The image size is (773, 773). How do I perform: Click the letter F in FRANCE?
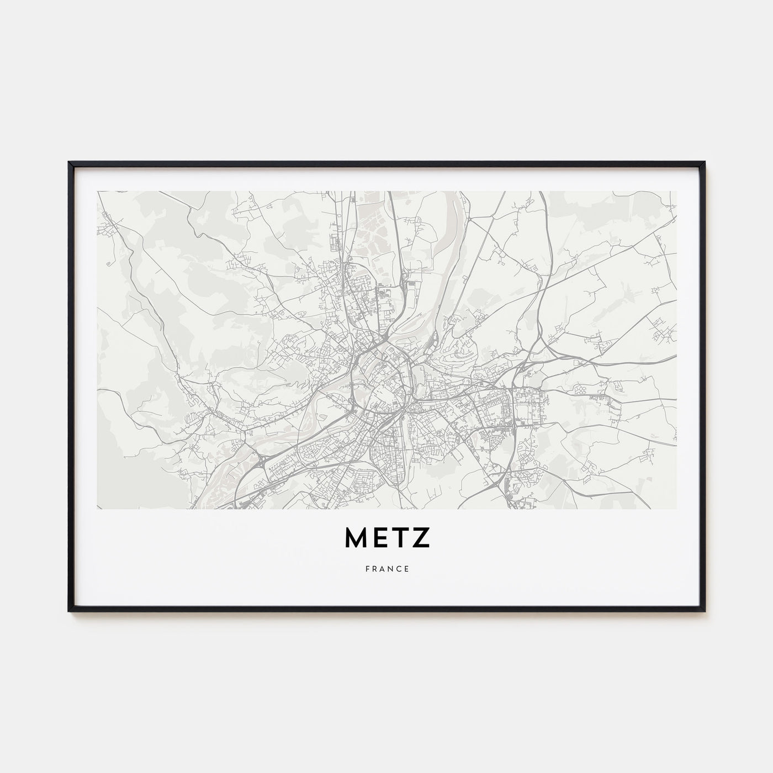367,569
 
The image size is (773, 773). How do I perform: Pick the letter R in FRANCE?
374,569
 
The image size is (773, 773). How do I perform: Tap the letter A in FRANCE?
383,569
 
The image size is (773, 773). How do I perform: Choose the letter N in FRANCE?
391,569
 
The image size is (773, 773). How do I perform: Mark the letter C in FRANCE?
399,569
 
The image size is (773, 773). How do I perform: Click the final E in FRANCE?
407,569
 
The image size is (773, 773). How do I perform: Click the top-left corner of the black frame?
69,162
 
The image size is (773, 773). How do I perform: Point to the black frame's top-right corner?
705,162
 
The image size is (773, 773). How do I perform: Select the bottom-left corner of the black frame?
69,611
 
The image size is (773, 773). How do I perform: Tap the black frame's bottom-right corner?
705,611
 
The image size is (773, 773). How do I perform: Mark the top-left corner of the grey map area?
97,192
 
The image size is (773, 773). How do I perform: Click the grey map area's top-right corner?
676,192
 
